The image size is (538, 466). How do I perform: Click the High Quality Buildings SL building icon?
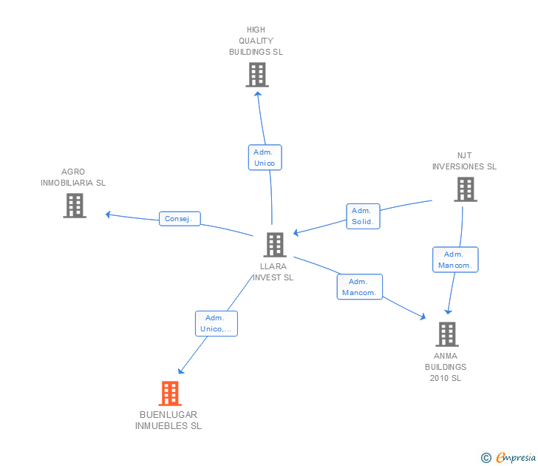tap(257, 75)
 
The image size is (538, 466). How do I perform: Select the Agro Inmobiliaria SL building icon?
tap(75, 206)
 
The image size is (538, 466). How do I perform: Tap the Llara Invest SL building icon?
tap(275, 245)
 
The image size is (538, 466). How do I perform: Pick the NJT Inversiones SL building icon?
tap(465, 189)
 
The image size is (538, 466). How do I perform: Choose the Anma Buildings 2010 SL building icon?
tap(446, 334)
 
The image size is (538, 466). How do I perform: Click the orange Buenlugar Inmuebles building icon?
tap(170, 394)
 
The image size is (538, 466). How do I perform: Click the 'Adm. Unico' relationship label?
tap(265, 158)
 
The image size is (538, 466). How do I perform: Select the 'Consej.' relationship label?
tap(180, 219)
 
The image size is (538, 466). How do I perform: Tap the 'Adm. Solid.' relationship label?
tap(363, 216)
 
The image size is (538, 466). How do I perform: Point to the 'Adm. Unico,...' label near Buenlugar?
tap(217, 323)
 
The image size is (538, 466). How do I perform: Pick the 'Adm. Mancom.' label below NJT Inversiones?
tap(455, 260)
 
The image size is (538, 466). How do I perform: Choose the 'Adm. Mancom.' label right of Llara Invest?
tap(360, 287)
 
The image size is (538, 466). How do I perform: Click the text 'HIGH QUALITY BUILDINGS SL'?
tap(256, 41)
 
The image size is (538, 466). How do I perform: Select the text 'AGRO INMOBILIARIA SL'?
tap(73, 177)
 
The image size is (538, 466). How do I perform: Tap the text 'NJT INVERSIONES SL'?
tap(464, 161)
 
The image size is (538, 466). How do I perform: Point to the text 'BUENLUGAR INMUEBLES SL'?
tap(168, 420)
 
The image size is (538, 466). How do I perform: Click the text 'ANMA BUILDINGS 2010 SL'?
tap(446, 367)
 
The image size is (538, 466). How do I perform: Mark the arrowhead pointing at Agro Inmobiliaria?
tap(108, 215)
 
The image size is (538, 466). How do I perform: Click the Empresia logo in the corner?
tap(516, 458)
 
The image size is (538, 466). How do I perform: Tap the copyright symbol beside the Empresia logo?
tap(486, 458)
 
